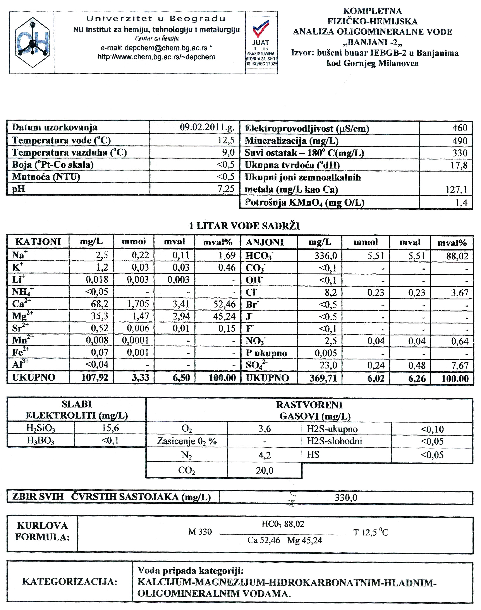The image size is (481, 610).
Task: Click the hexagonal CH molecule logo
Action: point(32,42)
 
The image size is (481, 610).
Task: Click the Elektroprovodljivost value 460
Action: point(460,128)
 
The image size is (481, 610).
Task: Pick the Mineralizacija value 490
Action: point(460,141)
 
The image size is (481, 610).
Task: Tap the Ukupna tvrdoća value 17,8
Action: point(459,165)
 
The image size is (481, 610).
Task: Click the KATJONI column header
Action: point(38,242)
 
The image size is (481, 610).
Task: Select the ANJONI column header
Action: point(265,242)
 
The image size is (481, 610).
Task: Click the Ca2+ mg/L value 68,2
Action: point(100,304)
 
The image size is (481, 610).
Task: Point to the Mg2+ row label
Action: point(22,316)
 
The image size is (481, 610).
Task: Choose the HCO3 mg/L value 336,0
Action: point(326,256)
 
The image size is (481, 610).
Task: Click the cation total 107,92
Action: point(95,377)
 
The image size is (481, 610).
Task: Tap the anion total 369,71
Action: point(323,378)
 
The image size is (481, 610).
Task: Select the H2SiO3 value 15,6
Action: point(110,428)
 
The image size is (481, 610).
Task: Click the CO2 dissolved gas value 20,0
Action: point(265,470)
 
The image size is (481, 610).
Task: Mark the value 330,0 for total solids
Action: point(346,498)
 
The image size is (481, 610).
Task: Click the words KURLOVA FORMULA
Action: point(42,531)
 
